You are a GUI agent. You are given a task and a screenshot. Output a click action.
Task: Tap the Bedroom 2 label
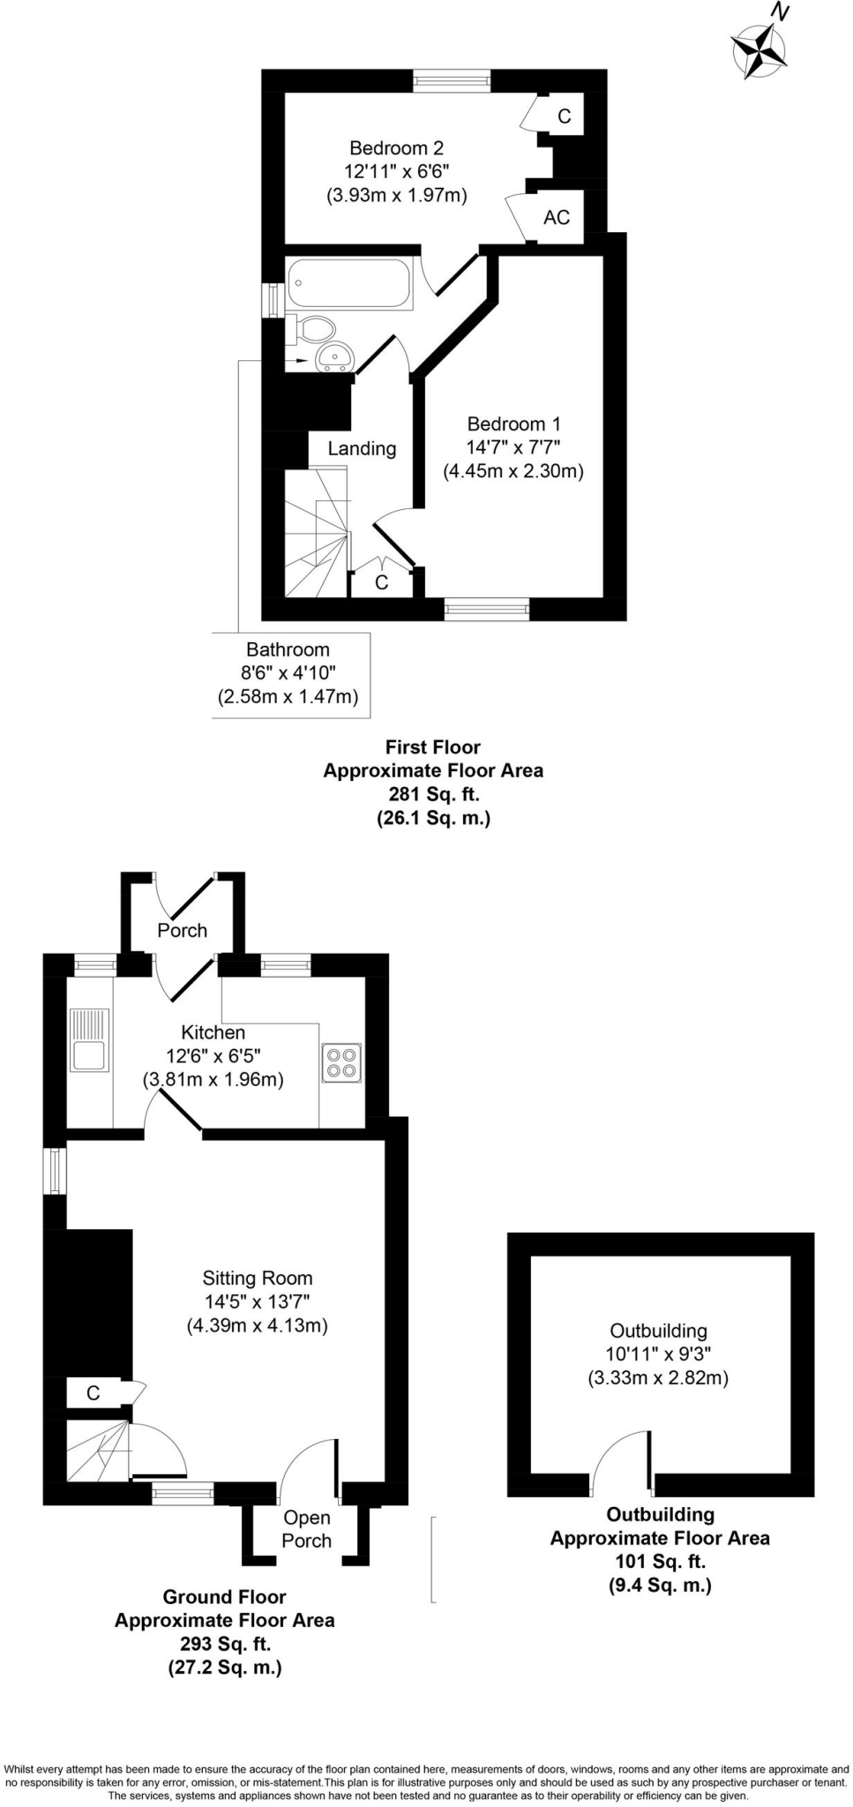coord(396,147)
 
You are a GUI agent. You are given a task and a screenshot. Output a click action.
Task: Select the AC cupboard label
coord(557,217)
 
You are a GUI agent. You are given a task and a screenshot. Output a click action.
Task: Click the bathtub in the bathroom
coord(350,282)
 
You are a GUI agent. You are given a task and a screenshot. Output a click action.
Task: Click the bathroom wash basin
coord(334,356)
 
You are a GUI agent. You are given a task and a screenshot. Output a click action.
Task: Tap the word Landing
coord(362,448)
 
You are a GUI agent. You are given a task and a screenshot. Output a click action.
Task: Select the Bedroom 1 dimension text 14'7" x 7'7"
coord(513,447)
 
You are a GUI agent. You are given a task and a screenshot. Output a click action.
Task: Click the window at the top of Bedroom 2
coord(452,81)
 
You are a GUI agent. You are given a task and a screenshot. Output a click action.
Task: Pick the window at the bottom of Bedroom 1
coord(487,609)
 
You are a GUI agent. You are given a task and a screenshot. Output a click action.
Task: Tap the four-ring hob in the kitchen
coord(341,1061)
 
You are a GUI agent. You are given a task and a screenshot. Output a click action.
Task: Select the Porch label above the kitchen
coord(183,930)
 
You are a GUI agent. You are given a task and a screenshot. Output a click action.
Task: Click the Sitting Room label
coord(258,1278)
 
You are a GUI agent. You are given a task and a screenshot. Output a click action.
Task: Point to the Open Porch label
coord(307,1529)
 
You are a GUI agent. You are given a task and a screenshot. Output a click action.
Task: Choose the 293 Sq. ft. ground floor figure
coord(225,1644)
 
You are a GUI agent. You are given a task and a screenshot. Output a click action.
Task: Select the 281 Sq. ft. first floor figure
coord(433,794)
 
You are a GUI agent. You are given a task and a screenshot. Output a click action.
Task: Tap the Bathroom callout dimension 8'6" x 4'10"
coord(288,673)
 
